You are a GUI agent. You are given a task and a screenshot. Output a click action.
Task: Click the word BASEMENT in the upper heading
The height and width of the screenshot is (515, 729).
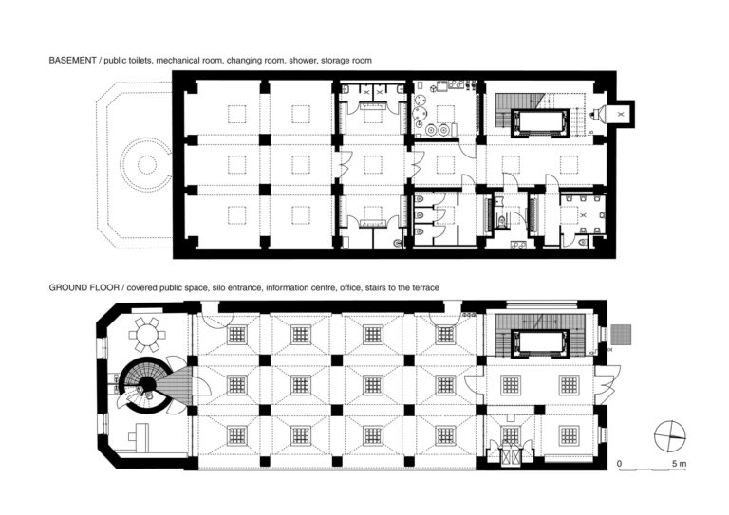[x=72, y=61]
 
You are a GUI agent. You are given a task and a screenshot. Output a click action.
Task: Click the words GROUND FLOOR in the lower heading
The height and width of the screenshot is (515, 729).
[x=84, y=288]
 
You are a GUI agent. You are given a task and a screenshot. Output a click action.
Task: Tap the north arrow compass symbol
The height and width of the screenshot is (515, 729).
[x=670, y=435]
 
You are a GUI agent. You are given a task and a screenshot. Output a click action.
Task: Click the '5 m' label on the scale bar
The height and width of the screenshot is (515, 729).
[x=679, y=464]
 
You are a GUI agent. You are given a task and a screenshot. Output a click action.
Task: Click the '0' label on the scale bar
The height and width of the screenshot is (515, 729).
[x=619, y=464]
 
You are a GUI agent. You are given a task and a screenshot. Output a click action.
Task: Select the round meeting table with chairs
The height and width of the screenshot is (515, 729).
[x=147, y=335]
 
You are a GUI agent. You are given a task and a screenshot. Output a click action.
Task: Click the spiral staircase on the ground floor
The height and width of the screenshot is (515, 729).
[x=145, y=385]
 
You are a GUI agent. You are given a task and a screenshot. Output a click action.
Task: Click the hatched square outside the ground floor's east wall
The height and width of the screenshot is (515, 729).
[x=621, y=335]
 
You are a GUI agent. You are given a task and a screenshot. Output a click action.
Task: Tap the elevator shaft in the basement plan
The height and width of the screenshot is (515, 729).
[x=540, y=123]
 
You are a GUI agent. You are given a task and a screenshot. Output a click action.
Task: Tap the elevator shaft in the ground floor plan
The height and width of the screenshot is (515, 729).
[x=540, y=344]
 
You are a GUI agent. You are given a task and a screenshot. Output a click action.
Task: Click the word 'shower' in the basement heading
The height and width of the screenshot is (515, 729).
[x=303, y=61]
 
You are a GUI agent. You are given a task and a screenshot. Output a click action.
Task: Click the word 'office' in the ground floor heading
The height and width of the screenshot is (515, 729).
[x=349, y=288]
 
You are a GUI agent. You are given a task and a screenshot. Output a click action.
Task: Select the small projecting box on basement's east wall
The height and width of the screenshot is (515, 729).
[x=625, y=113]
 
